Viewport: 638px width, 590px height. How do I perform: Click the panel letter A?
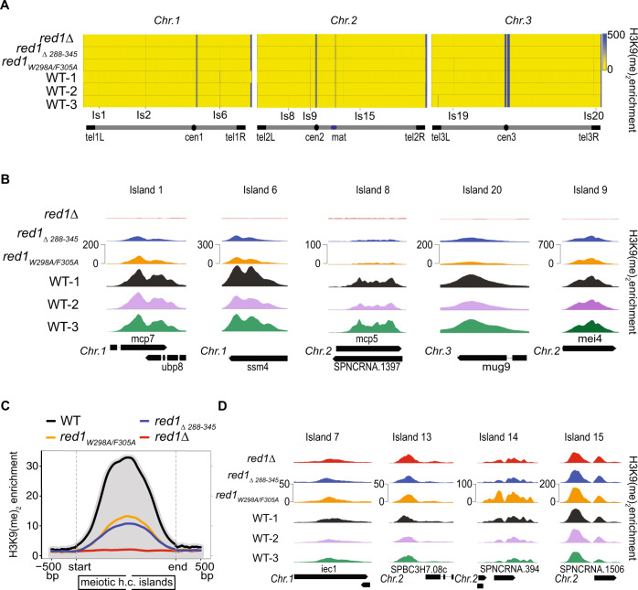[6, 6]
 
